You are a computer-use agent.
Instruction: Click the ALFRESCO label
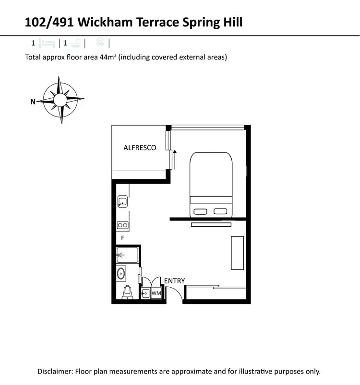tap(140, 148)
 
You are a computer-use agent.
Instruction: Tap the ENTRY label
tap(174, 280)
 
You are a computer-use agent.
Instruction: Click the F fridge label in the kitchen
tap(122, 238)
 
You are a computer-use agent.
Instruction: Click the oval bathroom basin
tap(121, 274)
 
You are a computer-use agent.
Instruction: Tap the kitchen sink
tap(122, 202)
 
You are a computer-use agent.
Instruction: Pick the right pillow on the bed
tap(220, 211)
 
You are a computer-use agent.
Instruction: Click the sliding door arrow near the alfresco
tap(175, 158)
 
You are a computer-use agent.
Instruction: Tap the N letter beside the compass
tap(33, 101)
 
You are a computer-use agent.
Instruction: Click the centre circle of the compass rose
tap(61, 100)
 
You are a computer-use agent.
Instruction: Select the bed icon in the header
tap(48, 43)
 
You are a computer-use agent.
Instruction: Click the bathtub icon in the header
tap(75, 43)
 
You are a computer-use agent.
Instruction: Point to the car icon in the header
tap(100, 43)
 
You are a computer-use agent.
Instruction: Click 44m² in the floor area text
tap(108, 58)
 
